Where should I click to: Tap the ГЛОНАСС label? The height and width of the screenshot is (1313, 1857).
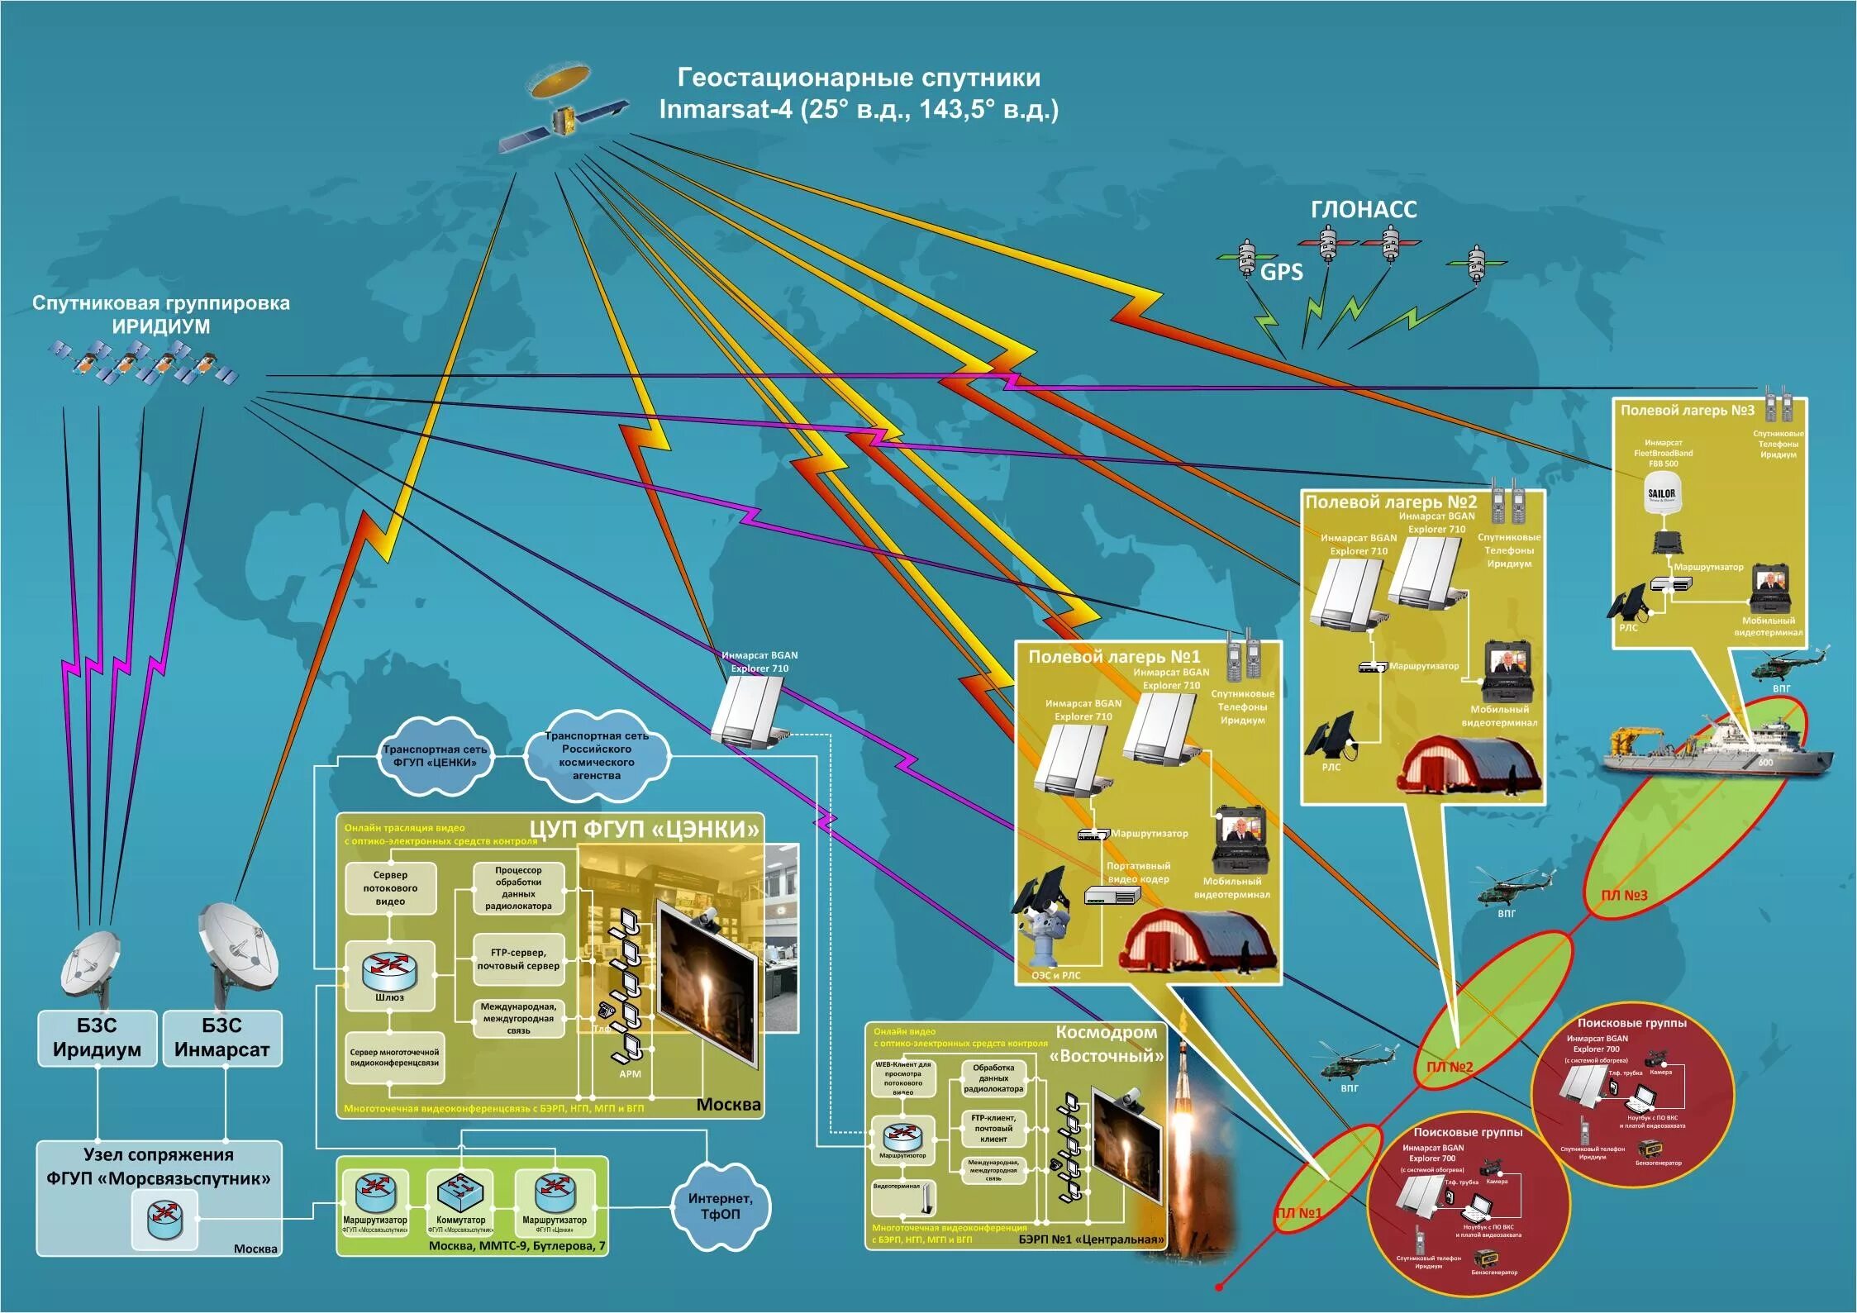pyautogui.click(x=1363, y=210)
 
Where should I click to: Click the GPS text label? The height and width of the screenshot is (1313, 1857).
pyautogui.click(x=1281, y=272)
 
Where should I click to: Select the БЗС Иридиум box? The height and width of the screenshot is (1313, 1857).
pyautogui.click(x=97, y=1038)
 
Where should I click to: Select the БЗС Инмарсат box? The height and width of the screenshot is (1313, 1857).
pyautogui.click(x=221, y=1038)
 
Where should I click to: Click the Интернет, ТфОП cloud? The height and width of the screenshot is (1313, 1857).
pyautogui.click(x=720, y=1206)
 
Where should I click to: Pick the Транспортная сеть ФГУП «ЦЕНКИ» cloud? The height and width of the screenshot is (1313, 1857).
pyautogui.click(x=435, y=755)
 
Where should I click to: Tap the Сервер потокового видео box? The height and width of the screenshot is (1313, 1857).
pyautogui.click(x=390, y=887)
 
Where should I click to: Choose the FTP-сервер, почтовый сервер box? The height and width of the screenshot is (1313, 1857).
pyautogui.click(x=518, y=959)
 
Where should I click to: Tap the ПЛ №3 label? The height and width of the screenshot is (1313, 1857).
pyautogui.click(x=1624, y=895)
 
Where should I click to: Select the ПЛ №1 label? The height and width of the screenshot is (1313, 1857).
pyautogui.click(x=1298, y=1213)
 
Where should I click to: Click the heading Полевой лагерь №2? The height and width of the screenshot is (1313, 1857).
pyautogui.click(x=1391, y=502)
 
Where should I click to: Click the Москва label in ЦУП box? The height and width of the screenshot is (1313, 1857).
pyautogui.click(x=728, y=1105)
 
